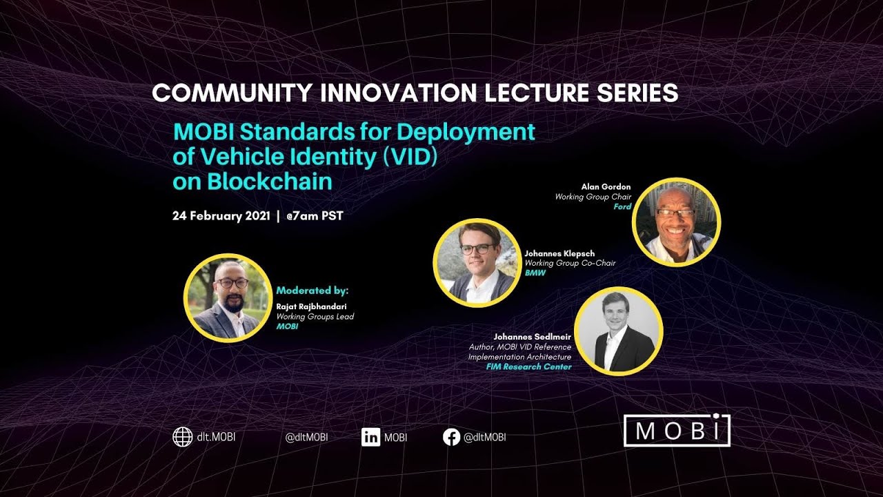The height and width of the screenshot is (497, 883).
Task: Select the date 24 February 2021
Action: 221,215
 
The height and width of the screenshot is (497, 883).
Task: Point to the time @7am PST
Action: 315,215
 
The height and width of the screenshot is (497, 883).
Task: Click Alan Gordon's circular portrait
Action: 676,222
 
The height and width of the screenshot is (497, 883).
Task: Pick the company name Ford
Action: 622,206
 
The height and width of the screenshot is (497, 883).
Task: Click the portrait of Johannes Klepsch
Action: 477,263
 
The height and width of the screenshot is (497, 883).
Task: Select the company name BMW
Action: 535,273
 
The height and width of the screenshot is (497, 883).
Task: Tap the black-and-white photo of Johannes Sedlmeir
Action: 618,331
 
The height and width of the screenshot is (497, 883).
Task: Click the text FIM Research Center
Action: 528,367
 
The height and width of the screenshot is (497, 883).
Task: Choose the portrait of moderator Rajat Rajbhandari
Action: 228,298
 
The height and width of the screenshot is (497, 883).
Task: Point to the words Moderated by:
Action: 312,291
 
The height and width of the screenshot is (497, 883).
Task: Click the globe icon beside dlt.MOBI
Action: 182,437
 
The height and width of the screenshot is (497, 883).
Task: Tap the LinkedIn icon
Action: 370,437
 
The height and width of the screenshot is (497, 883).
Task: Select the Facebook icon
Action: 451,437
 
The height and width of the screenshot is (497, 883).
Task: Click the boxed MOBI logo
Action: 677,430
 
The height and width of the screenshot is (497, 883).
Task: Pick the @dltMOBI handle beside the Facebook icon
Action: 485,437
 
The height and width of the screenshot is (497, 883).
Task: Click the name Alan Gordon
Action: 605,187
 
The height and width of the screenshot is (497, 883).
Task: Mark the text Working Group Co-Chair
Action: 570,263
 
